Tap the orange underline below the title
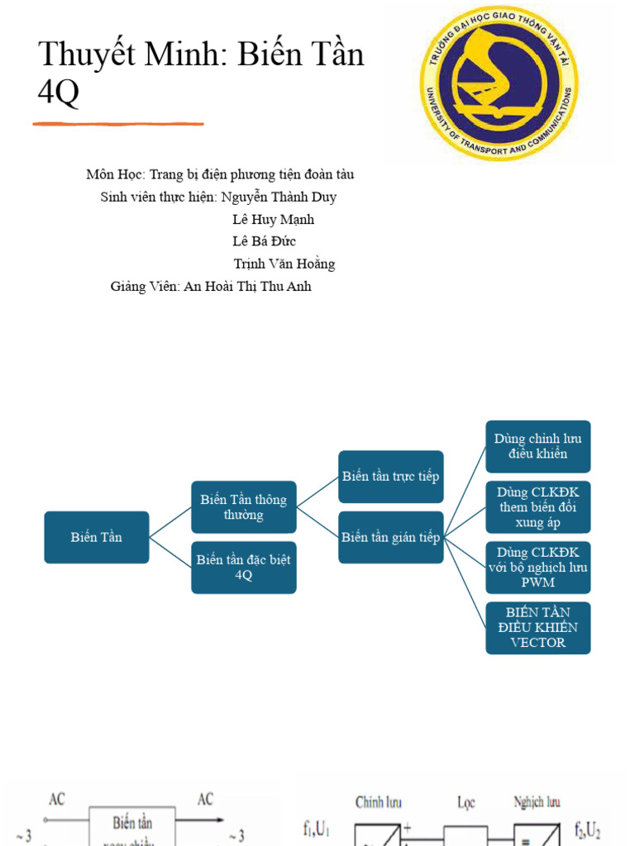click(x=118, y=124)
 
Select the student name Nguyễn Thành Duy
click(x=279, y=197)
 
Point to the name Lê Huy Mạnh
click(x=273, y=220)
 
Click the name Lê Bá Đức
click(x=264, y=241)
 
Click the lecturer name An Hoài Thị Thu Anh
click(x=247, y=287)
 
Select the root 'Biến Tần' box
click(x=97, y=537)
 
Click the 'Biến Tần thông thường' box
click(x=243, y=507)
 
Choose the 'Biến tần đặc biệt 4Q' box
click(x=243, y=568)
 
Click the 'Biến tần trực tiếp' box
click(x=391, y=477)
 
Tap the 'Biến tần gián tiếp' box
click(x=391, y=537)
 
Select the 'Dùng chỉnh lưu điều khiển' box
click(x=537, y=446)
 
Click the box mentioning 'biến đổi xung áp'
click(x=537, y=507)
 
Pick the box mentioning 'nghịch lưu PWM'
click(x=537, y=568)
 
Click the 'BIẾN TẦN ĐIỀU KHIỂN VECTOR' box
click(x=537, y=628)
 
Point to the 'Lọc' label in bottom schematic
click(x=466, y=801)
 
